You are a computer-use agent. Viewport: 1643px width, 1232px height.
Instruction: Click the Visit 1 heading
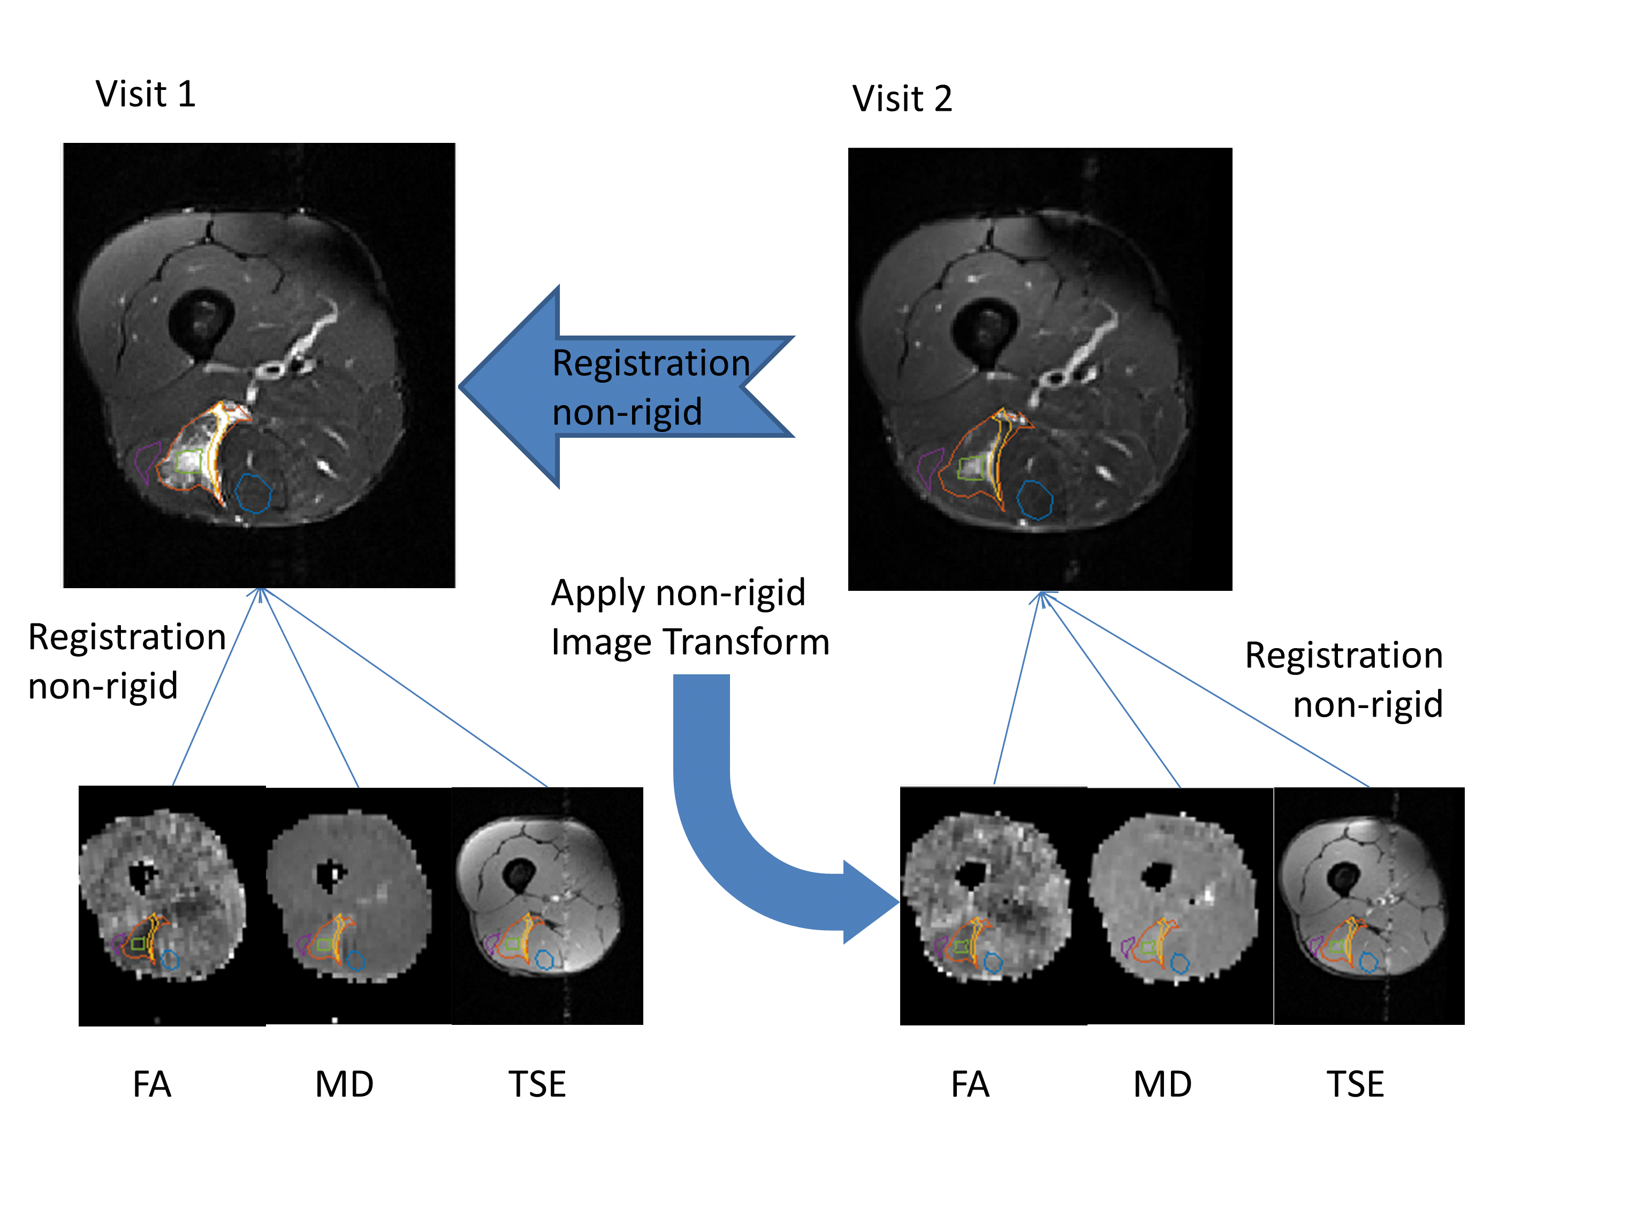tap(146, 94)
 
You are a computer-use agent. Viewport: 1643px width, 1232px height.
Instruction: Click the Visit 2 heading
tap(902, 99)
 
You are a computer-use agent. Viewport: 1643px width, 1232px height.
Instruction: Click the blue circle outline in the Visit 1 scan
tap(253, 493)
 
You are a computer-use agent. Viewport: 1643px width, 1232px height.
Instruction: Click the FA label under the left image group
tap(151, 1084)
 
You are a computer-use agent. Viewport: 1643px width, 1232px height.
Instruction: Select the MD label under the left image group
tap(344, 1084)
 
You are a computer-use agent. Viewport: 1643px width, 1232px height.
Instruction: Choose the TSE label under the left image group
tap(537, 1084)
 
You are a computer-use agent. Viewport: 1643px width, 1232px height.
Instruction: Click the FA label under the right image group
tap(970, 1084)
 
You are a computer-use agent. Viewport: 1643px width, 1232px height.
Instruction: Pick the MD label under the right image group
tap(1162, 1084)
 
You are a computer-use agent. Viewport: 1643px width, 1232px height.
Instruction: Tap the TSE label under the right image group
tap(1356, 1084)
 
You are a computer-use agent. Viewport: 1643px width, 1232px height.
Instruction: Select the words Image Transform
tap(690, 642)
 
